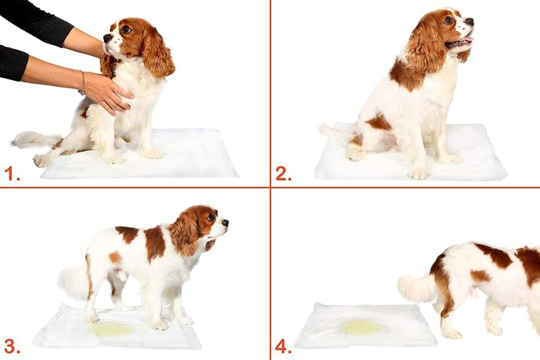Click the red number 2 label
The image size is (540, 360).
283,174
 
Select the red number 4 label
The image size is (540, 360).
283,346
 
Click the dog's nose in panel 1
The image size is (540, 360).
106,38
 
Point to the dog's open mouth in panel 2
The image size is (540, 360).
460,42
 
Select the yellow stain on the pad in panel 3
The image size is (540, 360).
112,329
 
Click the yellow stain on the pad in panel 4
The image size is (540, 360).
361,327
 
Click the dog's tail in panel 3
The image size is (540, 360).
74,282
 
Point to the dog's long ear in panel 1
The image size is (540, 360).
157,53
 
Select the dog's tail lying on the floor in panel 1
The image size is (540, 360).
34,139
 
